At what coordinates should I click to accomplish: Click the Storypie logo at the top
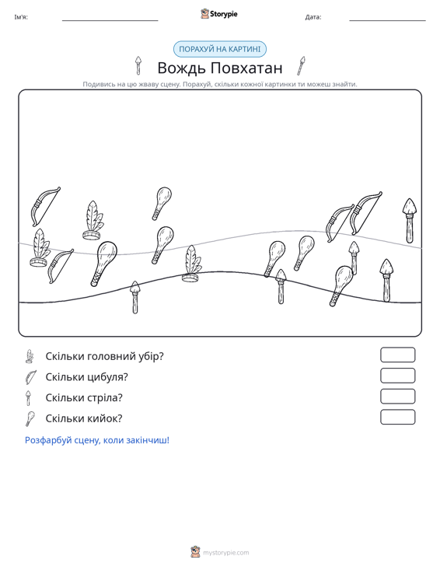tap(219, 14)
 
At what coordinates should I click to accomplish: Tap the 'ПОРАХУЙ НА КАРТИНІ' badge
tap(220, 49)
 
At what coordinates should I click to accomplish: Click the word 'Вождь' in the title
tap(182, 68)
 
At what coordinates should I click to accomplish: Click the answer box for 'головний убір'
tap(397, 355)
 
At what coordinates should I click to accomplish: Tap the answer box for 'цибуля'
tap(397, 376)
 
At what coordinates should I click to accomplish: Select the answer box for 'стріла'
tap(397, 397)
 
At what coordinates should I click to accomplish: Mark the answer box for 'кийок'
tap(397, 417)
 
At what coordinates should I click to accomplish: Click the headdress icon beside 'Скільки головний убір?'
tap(30, 356)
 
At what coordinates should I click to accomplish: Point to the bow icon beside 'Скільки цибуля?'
tap(30, 377)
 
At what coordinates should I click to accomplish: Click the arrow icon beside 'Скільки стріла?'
tap(28, 397)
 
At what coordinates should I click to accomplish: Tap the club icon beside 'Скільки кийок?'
tap(30, 418)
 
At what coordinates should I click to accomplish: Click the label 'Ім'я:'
tap(21, 17)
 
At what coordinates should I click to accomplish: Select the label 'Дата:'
tap(313, 17)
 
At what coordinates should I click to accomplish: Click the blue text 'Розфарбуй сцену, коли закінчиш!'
tap(97, 440)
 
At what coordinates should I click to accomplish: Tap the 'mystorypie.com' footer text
tap(225, 553)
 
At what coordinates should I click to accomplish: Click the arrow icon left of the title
tap(138, 65)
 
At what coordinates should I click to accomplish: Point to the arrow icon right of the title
tap(301, 66)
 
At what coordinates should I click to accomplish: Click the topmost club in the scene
tap(162, 203)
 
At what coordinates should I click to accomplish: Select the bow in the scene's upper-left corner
tap(44, 206)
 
